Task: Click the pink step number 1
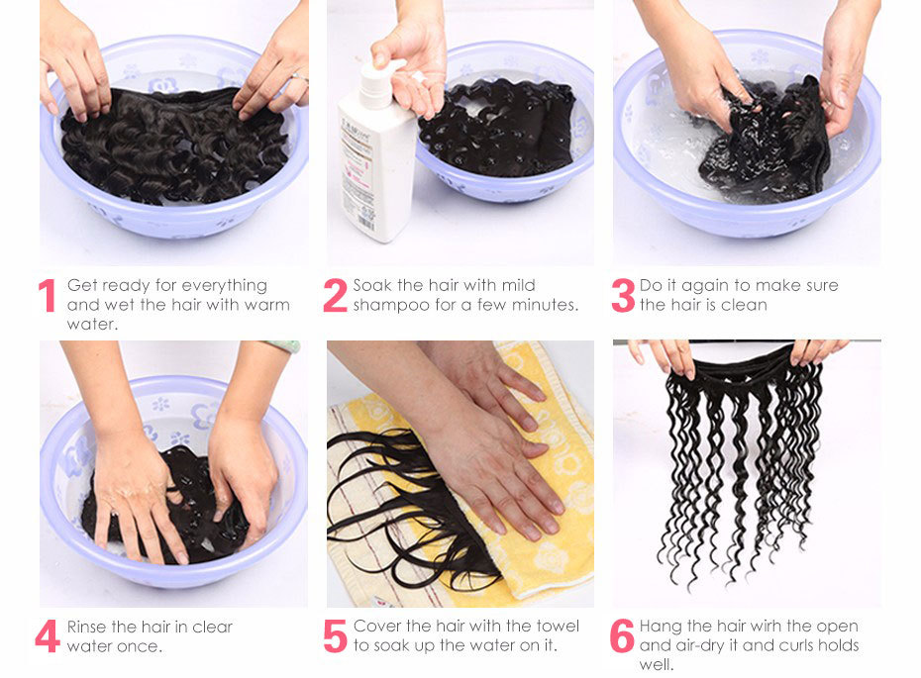point(47,295)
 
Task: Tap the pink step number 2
point(336,295)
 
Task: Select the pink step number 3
point(623,295)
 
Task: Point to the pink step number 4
point(48,636)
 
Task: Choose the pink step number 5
point(336,636)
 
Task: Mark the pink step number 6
point(622,636)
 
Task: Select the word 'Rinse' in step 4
point(87,627)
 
